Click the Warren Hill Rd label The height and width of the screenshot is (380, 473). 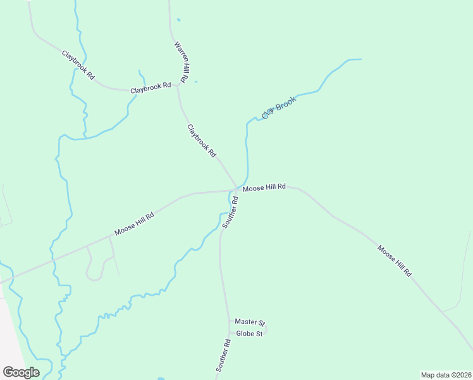[181, 62]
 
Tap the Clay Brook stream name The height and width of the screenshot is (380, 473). [279, 108]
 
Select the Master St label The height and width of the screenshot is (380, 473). [249, 322]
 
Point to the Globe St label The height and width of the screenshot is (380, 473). [249, 334]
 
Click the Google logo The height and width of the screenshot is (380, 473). [21, 372]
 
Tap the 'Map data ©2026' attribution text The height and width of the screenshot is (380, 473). [445, 374]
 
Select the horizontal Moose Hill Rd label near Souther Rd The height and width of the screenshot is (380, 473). [264, 187]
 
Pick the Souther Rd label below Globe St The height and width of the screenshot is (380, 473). [223, 355]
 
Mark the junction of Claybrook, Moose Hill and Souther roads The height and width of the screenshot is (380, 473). [236, 189]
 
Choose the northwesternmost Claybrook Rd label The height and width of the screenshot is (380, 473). [78, 64]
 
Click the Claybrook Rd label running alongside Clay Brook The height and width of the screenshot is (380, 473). [202, 141]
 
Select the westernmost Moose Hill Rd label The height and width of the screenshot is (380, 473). [134, 224]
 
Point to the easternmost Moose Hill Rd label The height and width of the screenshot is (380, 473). [395, 260]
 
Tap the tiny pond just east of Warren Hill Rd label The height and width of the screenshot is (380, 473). [195, 82]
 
